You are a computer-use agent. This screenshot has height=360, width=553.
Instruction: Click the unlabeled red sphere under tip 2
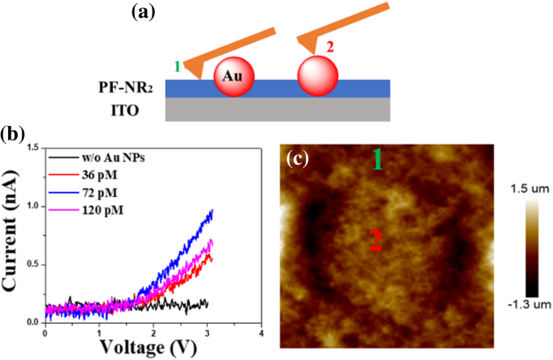317,75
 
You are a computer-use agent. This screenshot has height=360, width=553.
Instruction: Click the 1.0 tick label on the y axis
33,207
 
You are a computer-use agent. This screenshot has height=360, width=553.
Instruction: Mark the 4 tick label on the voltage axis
261,332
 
